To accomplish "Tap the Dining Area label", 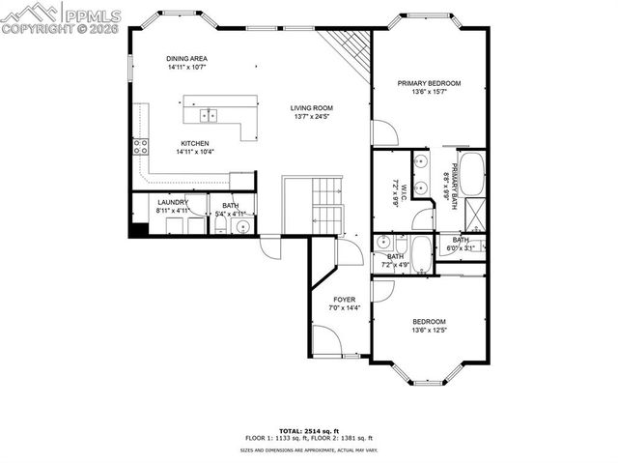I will (186, 58).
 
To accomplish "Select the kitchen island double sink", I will (209, 115).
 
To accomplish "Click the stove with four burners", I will (139, 147).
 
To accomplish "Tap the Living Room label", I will (313, 108).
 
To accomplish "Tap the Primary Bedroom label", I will (429, 84).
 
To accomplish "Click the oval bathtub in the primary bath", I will (472, 175).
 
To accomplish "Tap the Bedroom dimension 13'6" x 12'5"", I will (429, 330).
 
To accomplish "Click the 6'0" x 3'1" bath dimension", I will (461, 247).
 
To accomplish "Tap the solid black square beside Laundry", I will (139, 230).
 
